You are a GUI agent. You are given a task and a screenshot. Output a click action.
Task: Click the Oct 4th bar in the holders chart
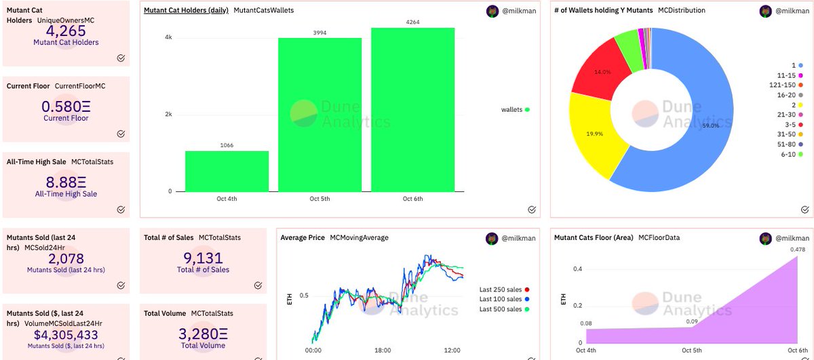tap(227, 171)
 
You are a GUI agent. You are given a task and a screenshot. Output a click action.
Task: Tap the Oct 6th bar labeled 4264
tap(412, 108)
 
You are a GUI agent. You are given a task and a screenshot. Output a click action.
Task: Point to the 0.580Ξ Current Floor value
tap(65, 107)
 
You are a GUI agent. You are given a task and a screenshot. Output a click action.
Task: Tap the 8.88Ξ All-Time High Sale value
tap(65, 183)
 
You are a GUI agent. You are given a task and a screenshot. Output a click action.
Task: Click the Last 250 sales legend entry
tap(503, 289)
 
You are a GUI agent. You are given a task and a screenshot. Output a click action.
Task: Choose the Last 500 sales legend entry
tap(503, 309)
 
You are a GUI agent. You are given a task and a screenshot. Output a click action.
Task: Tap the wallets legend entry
tap(515, 109)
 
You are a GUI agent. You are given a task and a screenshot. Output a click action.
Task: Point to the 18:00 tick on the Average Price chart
tap(383, 351)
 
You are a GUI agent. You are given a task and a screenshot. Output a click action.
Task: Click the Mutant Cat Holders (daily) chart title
tap(185, 10)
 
